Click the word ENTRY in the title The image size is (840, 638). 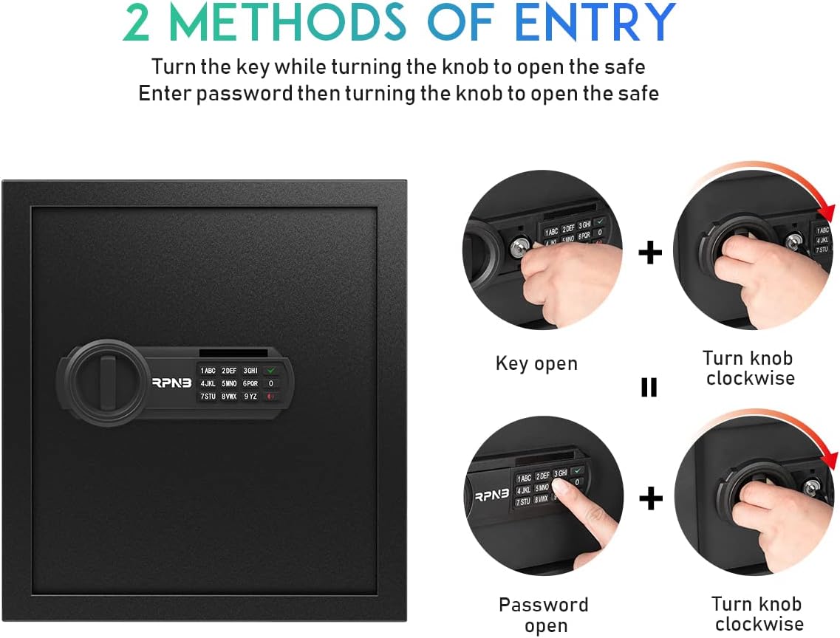point(595,21)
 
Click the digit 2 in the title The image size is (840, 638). point(137,22)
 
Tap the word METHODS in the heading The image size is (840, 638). point(287,21)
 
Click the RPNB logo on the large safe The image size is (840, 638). point(171,383)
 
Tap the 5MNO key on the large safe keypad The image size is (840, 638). point(229,384)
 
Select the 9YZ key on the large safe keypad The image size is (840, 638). point(250,397)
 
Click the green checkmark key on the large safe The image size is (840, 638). point(271,371)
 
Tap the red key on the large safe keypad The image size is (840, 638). point(271,397)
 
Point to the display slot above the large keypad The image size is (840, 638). point(233,353)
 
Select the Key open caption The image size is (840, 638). point(537,363)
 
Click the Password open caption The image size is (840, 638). point(544,615)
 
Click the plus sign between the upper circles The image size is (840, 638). point(650,252)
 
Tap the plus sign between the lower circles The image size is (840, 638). point(651,499)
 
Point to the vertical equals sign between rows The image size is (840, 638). point(649,387)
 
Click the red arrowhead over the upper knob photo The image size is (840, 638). point(827,213)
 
